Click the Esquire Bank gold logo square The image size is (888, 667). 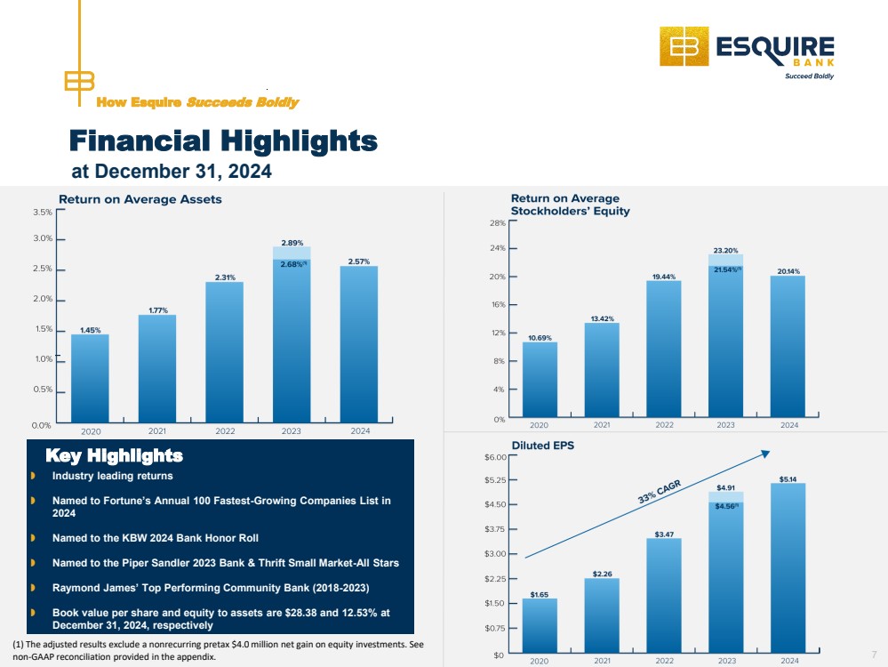[684, 46]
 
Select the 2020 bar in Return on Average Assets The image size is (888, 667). [90, 378]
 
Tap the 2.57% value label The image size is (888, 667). [359, 261]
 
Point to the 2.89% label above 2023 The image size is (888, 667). [292, 243]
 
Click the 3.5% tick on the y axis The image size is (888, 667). [43, 212]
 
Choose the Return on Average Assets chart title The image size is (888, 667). [140, 199]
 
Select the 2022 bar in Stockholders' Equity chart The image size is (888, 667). [664, 349]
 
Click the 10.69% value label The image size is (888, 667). [540, 338]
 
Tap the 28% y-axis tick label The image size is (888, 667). [497, 223]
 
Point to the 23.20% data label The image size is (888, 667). [725, 251]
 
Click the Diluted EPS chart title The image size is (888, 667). [542, 446]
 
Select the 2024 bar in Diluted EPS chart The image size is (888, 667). [788, 567]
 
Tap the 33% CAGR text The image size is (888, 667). [660, 492]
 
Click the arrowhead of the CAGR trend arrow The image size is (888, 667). [765, 454]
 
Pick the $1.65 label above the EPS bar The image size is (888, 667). [540, 594]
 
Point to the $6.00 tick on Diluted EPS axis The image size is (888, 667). [495, 457]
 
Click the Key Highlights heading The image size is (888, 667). [115, 455]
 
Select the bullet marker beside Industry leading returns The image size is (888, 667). [33, 476]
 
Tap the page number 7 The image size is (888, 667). [875, 655]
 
